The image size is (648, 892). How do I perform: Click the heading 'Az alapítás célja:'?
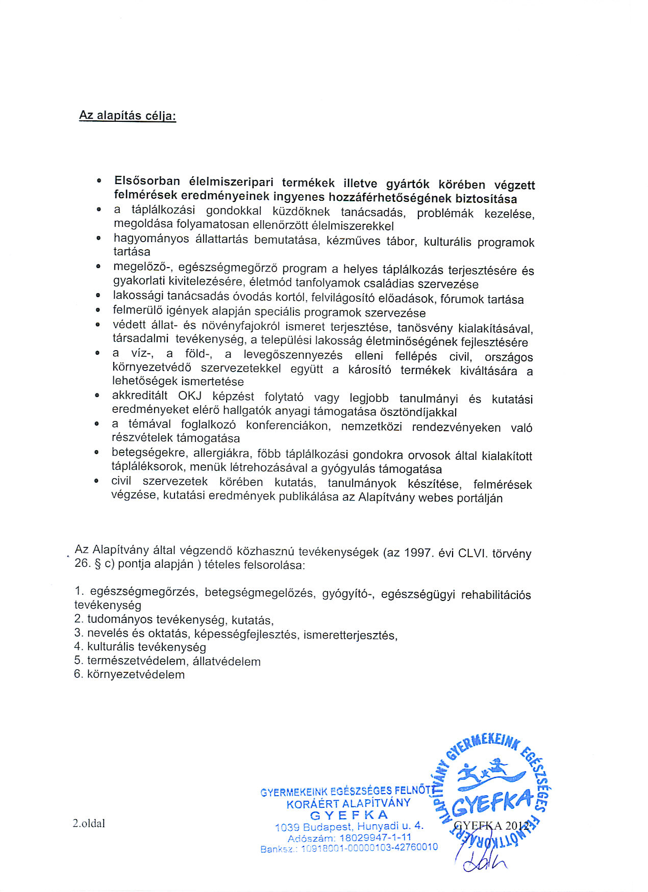pos(128,116)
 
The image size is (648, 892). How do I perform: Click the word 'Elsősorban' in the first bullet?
pos(147,181)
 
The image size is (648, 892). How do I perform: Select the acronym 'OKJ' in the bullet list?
pos(190,396)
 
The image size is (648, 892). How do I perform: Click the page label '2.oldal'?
pos(89,823)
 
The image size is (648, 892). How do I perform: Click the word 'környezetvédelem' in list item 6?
pos(136,674)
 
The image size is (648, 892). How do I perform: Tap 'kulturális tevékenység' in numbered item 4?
pos(146,647)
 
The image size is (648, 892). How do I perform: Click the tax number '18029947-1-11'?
pos(375,837)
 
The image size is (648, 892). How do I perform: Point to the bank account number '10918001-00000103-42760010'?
pos(369,847)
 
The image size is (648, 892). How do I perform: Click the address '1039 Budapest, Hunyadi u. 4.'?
pos(349,826)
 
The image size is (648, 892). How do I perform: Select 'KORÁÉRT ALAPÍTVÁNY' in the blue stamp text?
pos(348,804)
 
